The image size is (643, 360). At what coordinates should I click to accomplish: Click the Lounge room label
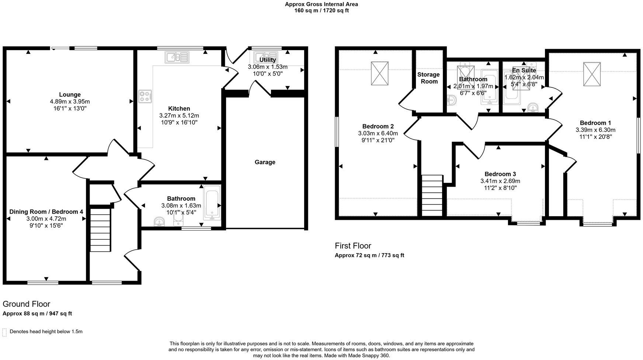[x=70, y=94]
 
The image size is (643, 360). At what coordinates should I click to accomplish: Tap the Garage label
[x=265, y=162]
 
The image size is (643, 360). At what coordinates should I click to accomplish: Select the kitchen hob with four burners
[x=145, y=97]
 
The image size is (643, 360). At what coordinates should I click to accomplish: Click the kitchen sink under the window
[x=177, y=57]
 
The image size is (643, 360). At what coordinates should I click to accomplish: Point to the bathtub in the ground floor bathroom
[x=212, y=202]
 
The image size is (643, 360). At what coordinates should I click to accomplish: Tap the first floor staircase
[x=432, y=195]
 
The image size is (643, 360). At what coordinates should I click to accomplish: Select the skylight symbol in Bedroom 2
[x=380, y=73]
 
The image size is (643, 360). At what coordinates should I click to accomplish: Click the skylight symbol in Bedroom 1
[x=592, y=74]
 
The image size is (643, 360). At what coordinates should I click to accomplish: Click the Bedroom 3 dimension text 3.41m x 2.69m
[x=500, y=181]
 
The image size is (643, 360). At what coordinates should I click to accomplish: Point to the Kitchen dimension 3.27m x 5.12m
[x=179, y=115]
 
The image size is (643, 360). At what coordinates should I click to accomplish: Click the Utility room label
[x=267, y=60]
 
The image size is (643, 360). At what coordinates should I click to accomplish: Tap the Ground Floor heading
[x=26, y=304]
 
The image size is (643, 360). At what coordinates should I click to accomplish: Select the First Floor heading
[x=353, y=246]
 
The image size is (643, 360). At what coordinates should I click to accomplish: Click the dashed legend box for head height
[x=5, y=332]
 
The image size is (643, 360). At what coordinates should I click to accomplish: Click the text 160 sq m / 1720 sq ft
[x=321, y=11]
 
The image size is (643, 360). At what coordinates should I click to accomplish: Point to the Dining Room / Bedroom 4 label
[x=46, y=212]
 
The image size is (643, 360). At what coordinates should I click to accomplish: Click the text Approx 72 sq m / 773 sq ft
[x=369, y=255]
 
